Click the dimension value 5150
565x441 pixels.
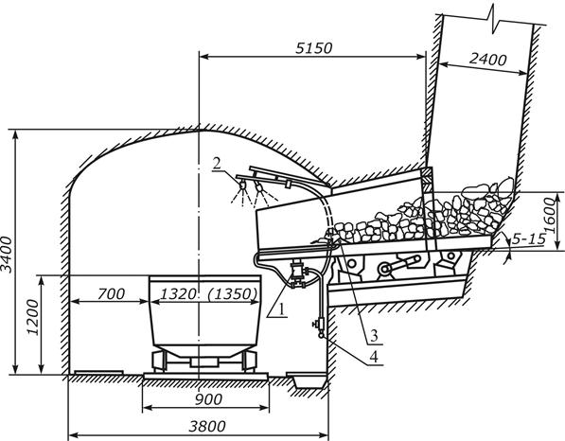(313, 48)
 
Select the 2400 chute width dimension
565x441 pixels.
(487, 60)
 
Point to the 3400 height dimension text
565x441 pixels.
(8, 256)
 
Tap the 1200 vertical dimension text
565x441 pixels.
(34, 317)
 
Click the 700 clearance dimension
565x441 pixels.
(111, 294)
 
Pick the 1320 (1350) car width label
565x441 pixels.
(208, 294)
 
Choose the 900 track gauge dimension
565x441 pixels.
(208, 399)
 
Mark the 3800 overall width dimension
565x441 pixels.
(207, 426)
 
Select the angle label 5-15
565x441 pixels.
(528, 238)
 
